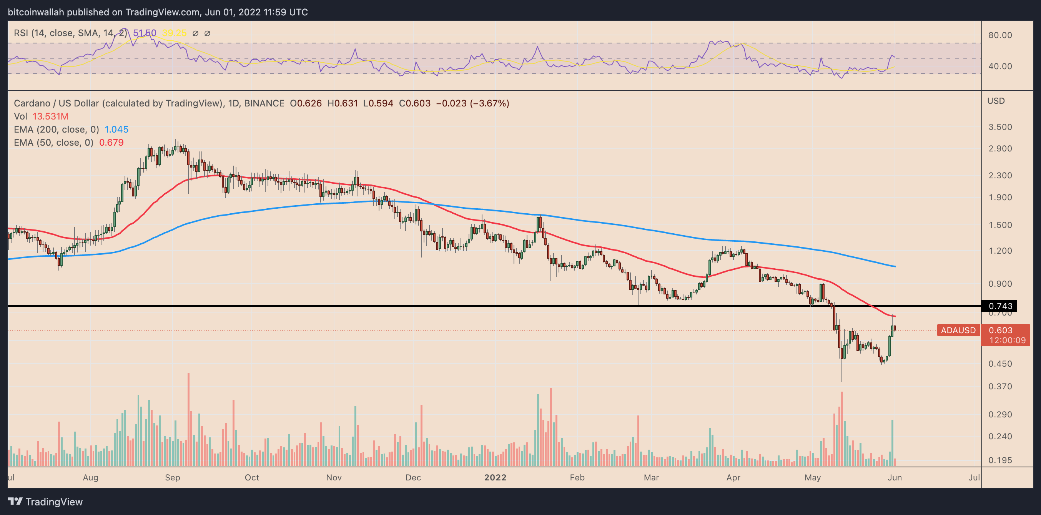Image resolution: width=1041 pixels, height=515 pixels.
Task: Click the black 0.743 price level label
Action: coord(999,306)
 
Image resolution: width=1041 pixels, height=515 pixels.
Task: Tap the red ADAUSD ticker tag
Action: coord(958,330)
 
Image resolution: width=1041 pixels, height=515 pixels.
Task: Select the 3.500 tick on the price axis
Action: coord(1000,127)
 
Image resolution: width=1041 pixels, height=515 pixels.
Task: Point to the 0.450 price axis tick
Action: coord(1000,364)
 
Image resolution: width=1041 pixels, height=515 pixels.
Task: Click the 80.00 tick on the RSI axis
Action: coord(1000,35)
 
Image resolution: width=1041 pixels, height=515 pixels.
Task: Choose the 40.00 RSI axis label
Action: coord(1000,66)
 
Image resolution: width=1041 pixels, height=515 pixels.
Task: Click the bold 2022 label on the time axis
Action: coord(495,477)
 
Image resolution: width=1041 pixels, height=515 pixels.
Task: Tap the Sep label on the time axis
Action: coord(172,477)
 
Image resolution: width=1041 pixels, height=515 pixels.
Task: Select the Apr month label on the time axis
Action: coord(733,477)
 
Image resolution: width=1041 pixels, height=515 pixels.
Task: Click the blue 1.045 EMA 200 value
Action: coord(116,129)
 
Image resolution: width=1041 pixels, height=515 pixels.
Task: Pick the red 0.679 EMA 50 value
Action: coord(111,143)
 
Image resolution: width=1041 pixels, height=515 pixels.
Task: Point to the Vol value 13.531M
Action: coord(50,116)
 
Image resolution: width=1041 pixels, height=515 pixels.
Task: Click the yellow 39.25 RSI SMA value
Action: coord(174,33)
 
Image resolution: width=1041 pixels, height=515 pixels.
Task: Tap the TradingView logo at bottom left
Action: coord(45,502)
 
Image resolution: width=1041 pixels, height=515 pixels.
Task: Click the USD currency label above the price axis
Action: coord(996,101)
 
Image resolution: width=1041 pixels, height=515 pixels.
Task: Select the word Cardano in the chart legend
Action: coord(32,103)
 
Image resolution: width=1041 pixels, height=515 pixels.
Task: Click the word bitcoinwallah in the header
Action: coord(36,12)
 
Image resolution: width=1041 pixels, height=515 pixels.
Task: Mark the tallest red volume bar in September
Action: coord(188,420)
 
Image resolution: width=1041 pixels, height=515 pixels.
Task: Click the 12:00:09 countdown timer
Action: coord(1007,340)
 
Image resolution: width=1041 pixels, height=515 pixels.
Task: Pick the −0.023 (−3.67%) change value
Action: coord(472,103)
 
